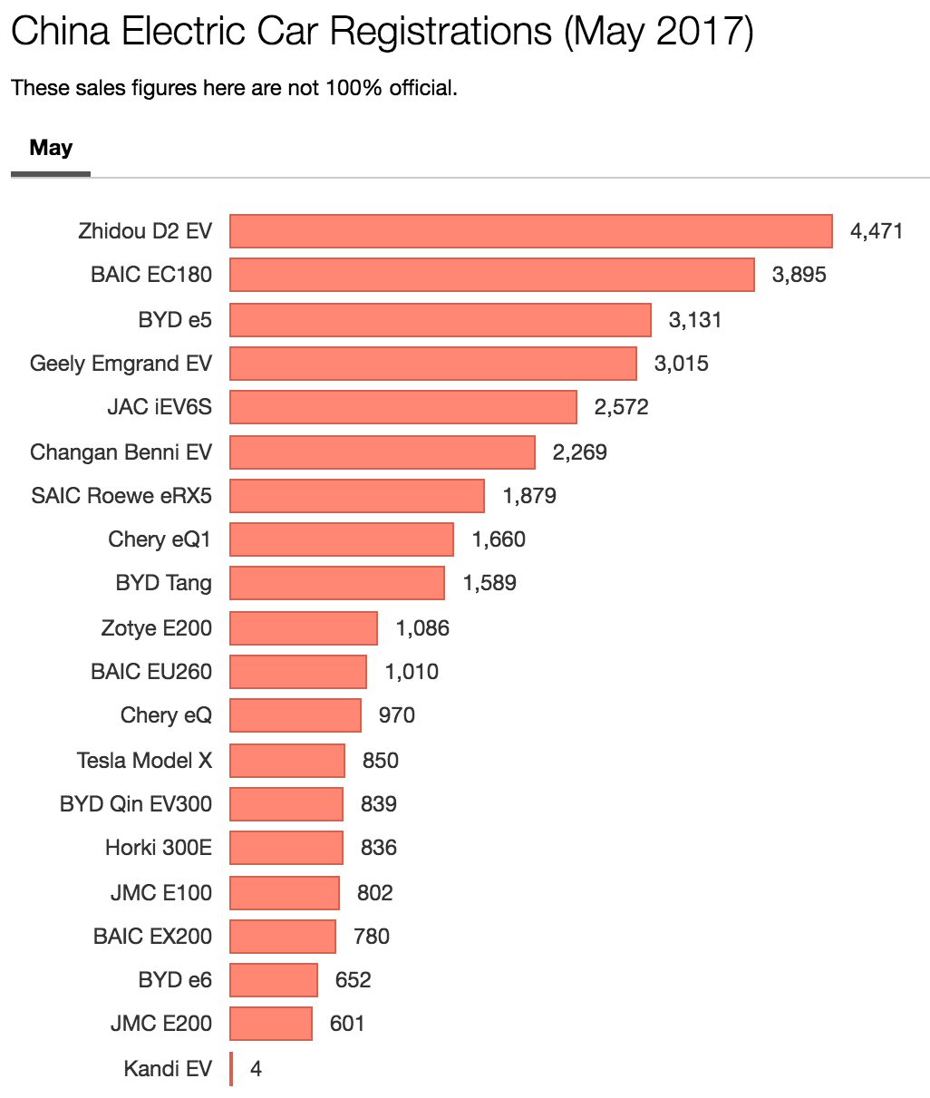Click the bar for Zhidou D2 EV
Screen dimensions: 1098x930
tap(530, 231)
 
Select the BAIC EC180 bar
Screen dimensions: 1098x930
tap(491, 275)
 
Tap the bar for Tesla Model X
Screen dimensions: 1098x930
tap(286, 760)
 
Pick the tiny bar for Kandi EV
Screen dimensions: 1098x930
tap(231, 1069)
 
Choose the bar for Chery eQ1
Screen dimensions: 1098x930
tap(341, 539)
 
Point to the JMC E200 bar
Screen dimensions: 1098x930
tap(270, 1024)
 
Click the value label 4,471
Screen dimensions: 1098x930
tap(876, 231)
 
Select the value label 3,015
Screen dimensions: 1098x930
tap(681, 364)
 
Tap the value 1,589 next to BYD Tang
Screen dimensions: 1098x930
tap(489, 583)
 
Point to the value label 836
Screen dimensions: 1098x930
tap(378, 848)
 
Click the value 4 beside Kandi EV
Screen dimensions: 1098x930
tap(257, 1069)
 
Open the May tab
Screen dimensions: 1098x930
tap(51, 148)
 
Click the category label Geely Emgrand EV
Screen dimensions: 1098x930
tap(121, 364)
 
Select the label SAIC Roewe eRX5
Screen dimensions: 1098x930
tap(121, 496)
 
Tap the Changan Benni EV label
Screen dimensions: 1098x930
tap(121, 452)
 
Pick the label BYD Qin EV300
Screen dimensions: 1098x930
tap(136, 804)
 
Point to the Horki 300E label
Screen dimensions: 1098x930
tap(159, 848)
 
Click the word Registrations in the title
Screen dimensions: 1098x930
tap(440, 33)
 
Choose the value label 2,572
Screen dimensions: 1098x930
tap(621, 407)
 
